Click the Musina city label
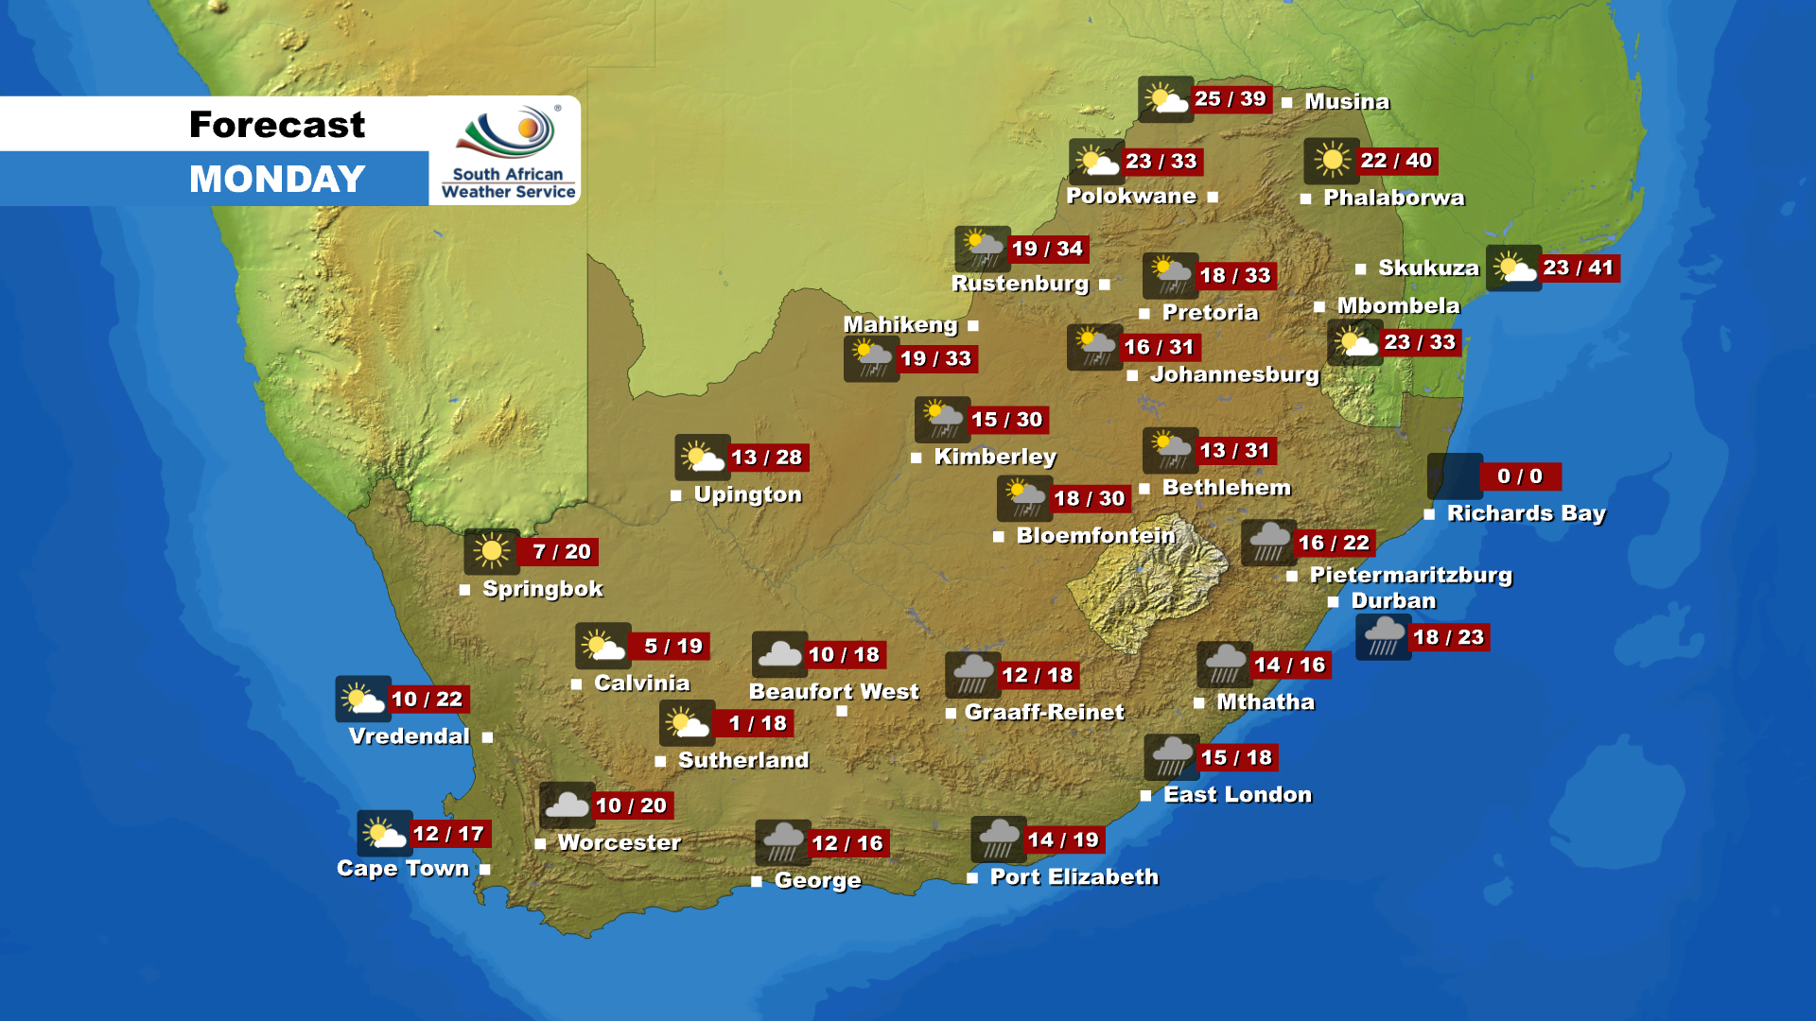point(1347,101)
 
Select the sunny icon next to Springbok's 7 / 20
point(491,551)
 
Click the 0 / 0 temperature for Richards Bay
point(1519,476)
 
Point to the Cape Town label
point(403,868)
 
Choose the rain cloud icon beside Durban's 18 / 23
point(1383,636)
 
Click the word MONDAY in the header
point(277,179)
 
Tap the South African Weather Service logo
point(508,151)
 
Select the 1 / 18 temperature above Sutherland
point(757,723)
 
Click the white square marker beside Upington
point(675,495)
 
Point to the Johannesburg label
point(1233,374)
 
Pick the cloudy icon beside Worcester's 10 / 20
point(567,805)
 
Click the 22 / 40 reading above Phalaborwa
point(1396,161)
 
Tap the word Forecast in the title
point(277,124)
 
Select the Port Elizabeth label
point(1074,876)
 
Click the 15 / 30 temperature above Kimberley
point(1006,420)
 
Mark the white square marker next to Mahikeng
point(972,326)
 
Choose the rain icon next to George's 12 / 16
point(782,842)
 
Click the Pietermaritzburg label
point(1410,575)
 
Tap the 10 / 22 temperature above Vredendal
point(427,700)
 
